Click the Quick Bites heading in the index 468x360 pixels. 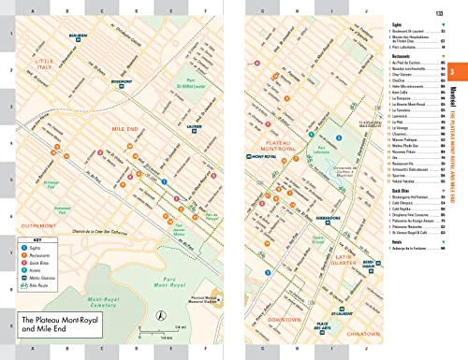coord(400,190)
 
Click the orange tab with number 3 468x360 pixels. coord(452,74)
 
